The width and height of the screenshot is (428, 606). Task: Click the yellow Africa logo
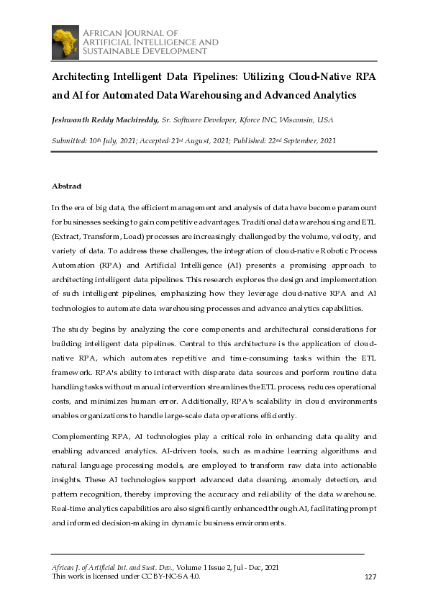pos(65,42)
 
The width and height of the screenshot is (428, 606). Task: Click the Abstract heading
pos(67,186)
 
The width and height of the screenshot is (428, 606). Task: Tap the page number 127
pos(371,576)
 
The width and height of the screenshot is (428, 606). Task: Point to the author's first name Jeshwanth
pos(75,119)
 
